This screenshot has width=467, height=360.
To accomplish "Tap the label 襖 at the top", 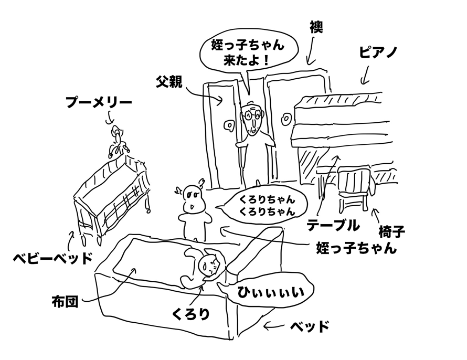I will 316,26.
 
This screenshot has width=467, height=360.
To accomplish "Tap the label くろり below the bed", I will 191,313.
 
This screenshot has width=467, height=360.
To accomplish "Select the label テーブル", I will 333,225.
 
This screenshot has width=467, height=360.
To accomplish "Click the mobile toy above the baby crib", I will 116,141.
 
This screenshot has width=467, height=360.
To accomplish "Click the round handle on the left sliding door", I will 229,126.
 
